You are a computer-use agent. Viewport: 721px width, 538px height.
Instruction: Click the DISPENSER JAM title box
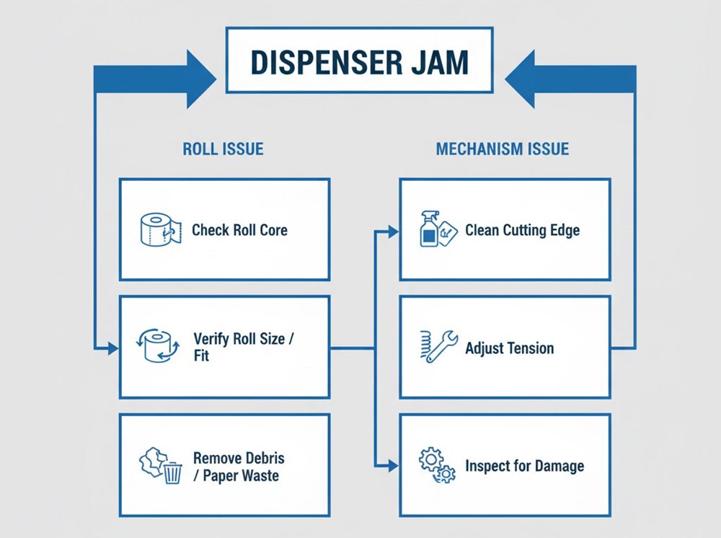(x=359, y=61)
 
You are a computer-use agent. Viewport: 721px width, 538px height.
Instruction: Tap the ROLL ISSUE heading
(x=223, y=149)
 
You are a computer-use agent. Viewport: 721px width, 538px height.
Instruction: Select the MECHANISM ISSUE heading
(x=503, y=149)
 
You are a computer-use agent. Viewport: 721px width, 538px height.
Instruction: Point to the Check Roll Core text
(x=239, y=231)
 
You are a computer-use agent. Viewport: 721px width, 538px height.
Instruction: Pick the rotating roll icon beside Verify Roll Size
(x=157, y=347)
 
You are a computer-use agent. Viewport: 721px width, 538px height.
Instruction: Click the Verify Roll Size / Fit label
(x=244, y=347)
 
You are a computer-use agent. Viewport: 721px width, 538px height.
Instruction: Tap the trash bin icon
(x=173, y=473)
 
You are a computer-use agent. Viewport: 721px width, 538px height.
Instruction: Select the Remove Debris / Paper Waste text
(x=239, y=467)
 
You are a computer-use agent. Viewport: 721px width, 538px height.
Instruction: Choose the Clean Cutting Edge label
(x=522, y=231)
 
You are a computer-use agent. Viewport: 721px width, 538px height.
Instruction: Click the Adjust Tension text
(x=510, y=348)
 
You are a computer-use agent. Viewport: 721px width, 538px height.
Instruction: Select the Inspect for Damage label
(x=524, y=466)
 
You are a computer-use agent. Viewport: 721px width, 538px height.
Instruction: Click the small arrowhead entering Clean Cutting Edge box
(x=393, y=231)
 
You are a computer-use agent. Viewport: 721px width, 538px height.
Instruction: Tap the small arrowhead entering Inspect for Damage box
(x=393, y=466)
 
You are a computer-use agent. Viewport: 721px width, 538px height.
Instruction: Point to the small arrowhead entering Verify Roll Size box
(x=112, y=349)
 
